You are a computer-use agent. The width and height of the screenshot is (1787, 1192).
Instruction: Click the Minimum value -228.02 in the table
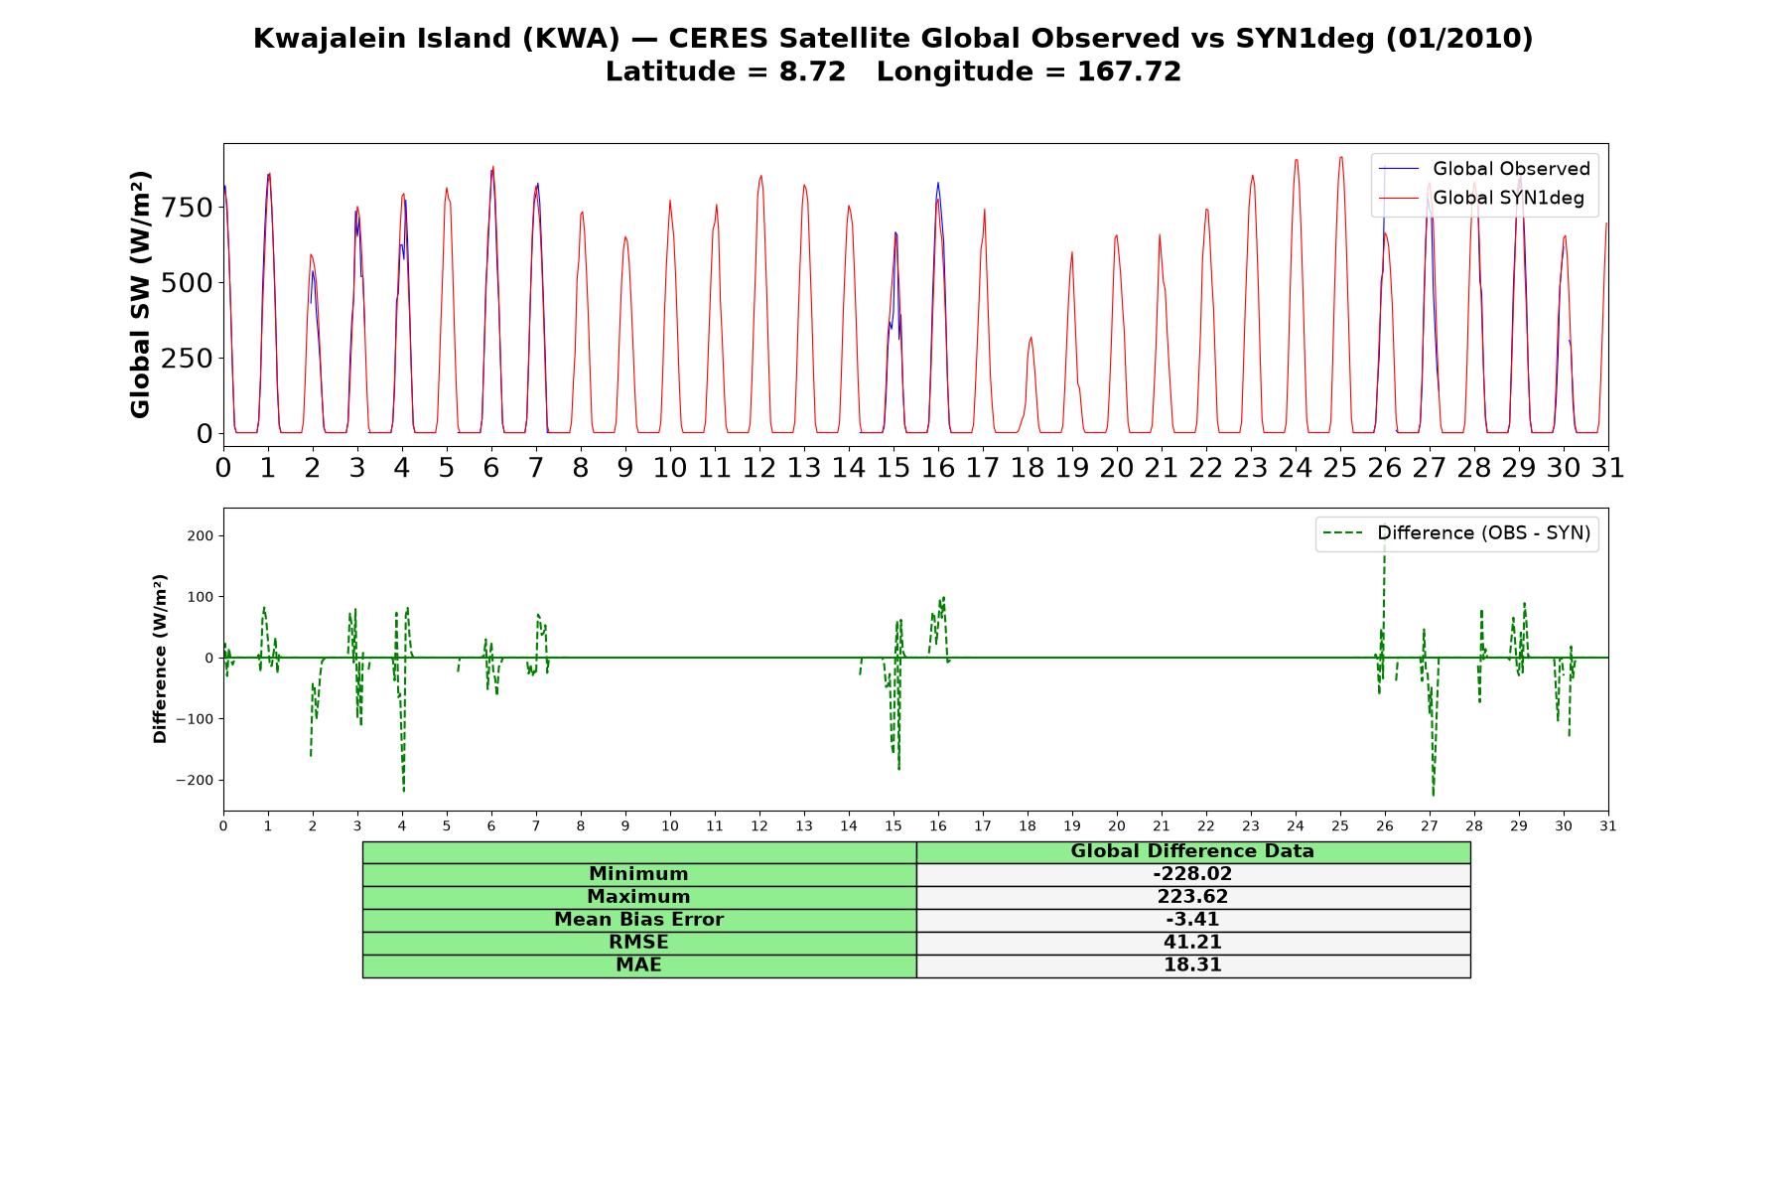1192,874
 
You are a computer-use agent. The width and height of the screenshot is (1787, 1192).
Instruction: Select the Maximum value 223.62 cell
1192,897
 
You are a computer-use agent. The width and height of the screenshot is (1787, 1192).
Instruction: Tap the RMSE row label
638,943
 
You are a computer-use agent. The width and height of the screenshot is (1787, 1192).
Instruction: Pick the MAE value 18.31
1192,966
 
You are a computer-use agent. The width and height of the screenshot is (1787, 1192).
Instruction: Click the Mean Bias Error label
638,920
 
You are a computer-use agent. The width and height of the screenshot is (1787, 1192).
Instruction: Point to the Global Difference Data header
1192,851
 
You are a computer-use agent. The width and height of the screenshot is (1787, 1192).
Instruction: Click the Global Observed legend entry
1485,169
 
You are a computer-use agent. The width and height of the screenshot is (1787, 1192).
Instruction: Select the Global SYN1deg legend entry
1485,198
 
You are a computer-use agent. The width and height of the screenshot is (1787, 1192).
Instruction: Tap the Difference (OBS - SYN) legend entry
1457,533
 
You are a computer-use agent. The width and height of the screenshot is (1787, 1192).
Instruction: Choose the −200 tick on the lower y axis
195,780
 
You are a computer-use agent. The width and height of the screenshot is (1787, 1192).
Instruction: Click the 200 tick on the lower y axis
201,536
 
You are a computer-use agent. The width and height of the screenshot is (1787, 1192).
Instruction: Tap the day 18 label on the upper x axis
1028,467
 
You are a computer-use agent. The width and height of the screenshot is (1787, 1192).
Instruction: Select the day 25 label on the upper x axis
1340,467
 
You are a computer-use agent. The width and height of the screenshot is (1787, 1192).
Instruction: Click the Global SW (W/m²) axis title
140,295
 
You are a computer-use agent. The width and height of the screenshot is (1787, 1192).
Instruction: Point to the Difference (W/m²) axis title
160,659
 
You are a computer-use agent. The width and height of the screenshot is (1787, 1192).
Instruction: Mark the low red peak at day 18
1031,338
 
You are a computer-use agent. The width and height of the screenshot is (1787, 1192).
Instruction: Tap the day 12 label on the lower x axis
759,826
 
